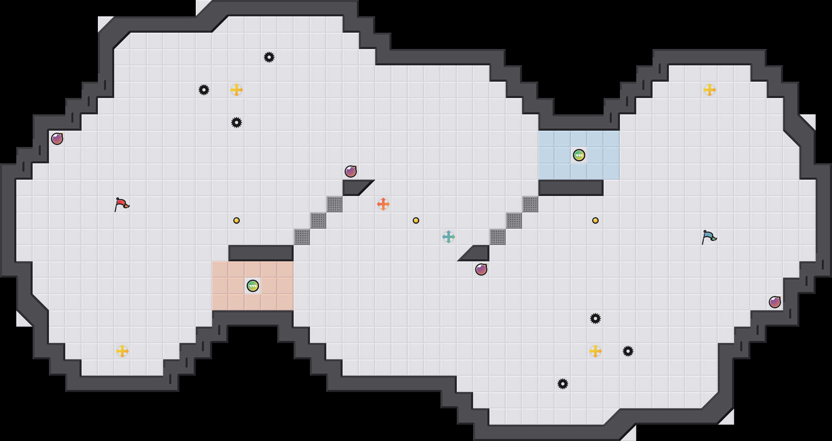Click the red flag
coord(122,204)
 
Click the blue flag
coord(709,236)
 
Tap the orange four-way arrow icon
coord(383,204)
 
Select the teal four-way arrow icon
coord(448,236)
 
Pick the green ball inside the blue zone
coord(579,155)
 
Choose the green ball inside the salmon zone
coord(252,286)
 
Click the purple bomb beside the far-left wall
coord(57,139)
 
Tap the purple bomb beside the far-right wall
coord(774,302)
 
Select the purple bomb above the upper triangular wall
coord(351,171)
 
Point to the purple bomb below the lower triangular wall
coord(481,269)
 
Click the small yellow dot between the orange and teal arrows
coord(416,220)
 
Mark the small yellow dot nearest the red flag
coord(237,220)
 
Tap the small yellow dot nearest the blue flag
coord(595,220)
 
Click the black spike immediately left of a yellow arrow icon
coord(204,90)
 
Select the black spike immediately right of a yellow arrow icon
coord(628,351)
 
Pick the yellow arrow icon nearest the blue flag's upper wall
coord(709,90)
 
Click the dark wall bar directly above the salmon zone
coord(261,253)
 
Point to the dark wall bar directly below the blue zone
coord(571,187)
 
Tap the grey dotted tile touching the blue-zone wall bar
coord(530,204)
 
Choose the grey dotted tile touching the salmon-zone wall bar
coord(302,237)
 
